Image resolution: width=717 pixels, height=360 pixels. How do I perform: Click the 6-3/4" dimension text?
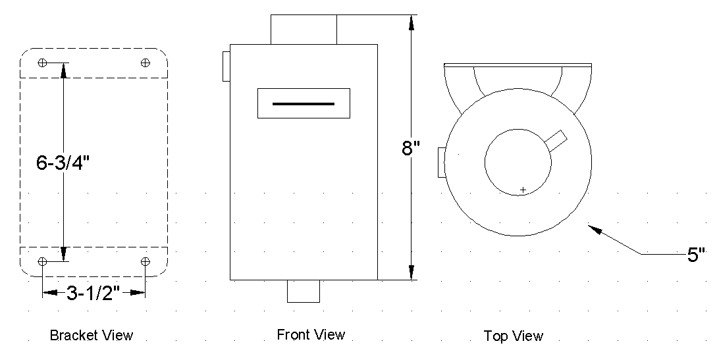(63, 162)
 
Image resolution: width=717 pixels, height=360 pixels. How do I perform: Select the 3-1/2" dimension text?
(93, 293)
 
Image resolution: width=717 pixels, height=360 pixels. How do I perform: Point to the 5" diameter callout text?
(697, 255)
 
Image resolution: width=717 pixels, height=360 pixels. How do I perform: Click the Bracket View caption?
(92, 336)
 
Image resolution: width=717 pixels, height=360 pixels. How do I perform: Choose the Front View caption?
(311, 335)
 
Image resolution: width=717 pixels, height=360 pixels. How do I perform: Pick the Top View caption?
(514, 336)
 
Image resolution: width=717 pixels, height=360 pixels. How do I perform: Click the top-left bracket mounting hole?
(43, 63)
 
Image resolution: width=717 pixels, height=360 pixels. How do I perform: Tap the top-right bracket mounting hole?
(146, 63)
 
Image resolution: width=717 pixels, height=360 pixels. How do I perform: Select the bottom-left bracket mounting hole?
(43, 261)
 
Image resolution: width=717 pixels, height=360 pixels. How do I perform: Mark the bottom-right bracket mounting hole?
(146, 261)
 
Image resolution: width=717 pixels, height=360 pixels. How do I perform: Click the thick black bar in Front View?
(304, 103)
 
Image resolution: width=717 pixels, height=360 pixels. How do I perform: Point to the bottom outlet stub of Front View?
(304, 291)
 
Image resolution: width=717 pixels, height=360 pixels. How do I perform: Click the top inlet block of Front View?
(304, 29)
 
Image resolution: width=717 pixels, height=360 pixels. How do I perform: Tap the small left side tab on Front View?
(226, 66)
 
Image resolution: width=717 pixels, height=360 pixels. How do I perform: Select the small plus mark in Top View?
(523, 190)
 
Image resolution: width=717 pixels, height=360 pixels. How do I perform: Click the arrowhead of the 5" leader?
(593, 229)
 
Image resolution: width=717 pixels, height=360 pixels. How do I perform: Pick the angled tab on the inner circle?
(556, 139)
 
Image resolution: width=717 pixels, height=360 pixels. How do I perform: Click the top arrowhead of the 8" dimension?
(412, 22)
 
